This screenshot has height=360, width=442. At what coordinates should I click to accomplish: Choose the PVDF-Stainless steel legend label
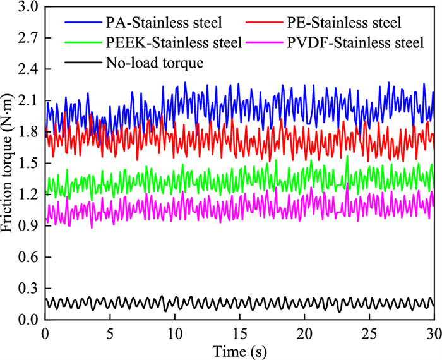click(x=356, y=44)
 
